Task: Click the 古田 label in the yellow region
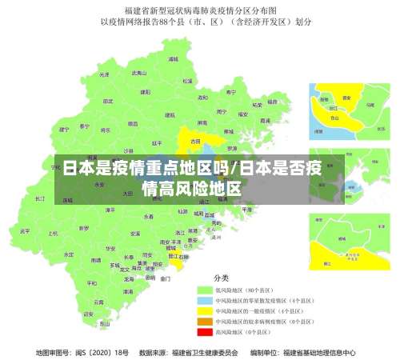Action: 195,141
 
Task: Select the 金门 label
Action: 165,279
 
